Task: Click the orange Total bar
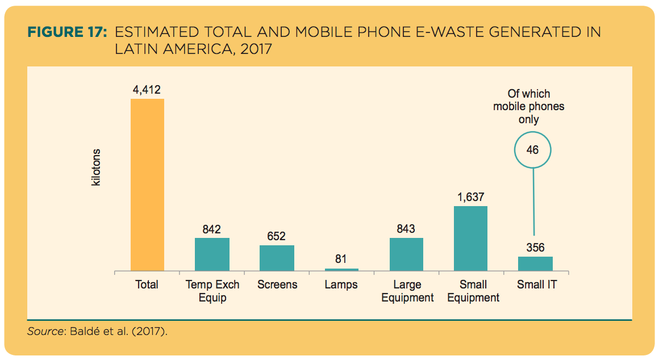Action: point(147,185)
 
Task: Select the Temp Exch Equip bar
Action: point(212,254)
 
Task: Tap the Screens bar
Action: point(277,258)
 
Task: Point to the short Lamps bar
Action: point(341,269)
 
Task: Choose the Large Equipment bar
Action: point(406,254)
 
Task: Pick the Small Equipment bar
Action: point(470,238)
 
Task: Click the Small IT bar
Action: point(535,263)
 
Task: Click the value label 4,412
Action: point(147,90)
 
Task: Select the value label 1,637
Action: point(470,198)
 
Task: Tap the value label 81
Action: point(341,259)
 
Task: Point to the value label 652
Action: point(277,236)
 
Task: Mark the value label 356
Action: point(535,248)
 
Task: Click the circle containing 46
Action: point(532,150)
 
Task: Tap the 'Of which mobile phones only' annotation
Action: point(529,107)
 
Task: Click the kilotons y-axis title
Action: point(96,169)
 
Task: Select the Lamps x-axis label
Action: point(341,284)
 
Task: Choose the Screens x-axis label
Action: point(277,284)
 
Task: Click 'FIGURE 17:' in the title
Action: point(68,32)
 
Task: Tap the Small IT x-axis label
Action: point(537,284)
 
